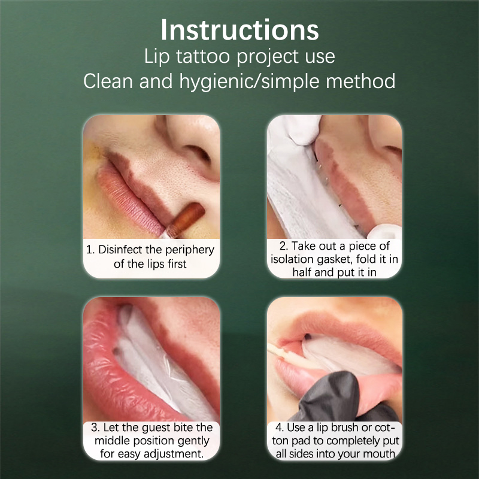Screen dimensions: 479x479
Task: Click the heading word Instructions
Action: pyautogui.click(x=240, y=30)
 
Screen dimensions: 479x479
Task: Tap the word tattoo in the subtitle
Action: pyautogui.click(x=203, y=56)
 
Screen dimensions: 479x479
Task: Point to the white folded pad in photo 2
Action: pyautogui.click(x=308, y=196)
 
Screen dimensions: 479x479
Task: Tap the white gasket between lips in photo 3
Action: pyautogui.click(x=159, y=360)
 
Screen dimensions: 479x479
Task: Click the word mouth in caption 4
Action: pyautogui.click(x=381, y=454)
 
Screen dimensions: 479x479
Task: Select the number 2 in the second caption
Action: pyautogui.click(x=282, y=246)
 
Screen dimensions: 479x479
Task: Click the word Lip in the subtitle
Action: pyautogui.click(x=157, y=57)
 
